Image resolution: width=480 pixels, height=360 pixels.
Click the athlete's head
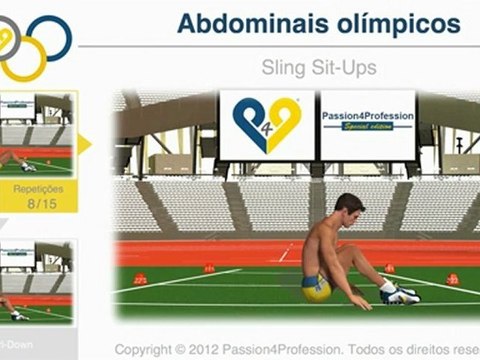(348, 209)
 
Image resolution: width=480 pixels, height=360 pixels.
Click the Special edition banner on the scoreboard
(367, 128)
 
